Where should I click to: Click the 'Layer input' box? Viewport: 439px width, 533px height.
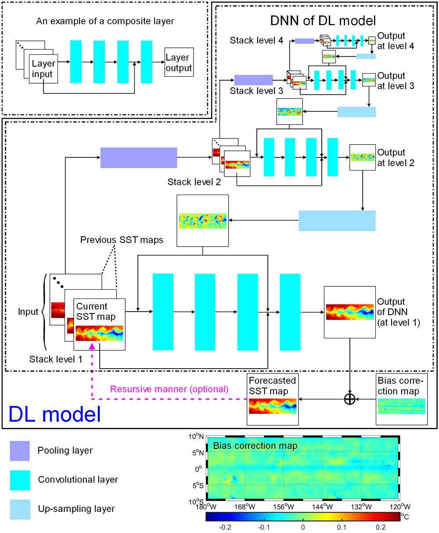(x=43, y=69)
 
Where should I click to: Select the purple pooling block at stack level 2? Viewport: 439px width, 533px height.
(x=139, y=158)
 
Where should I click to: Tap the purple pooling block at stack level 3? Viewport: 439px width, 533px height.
(x=253, y=80)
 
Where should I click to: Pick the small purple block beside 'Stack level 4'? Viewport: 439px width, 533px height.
(x=304, y=41)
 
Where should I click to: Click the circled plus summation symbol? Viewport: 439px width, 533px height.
(x=349, y=399)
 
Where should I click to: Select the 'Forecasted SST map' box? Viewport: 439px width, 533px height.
(x=272, y=399)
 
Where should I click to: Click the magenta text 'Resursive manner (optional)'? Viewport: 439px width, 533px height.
(x=169, y=389)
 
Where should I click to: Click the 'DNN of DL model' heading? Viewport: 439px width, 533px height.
(x=323, y=21)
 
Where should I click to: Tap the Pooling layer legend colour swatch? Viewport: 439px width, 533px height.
(x=20, y=451)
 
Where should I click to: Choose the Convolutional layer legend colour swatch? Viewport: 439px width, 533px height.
(x=20, y=480)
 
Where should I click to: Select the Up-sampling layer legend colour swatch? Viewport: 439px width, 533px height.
(x=20, y=509)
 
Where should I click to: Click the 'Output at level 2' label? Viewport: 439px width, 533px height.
(x=391, y=157)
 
